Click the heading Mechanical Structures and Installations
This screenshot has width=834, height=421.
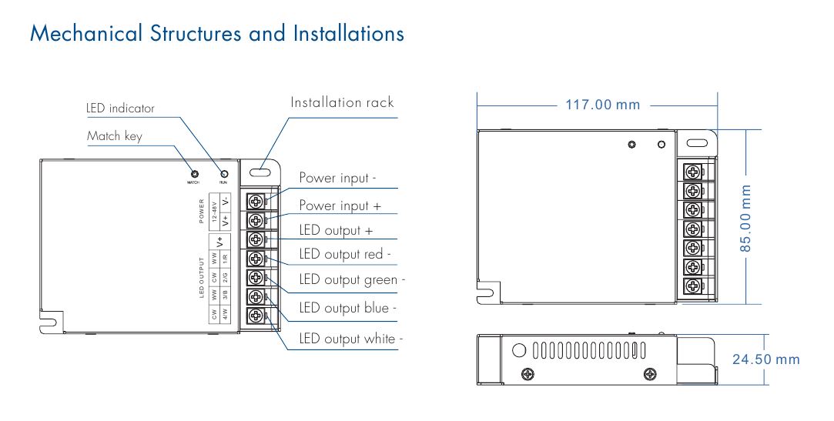tap(216, 34)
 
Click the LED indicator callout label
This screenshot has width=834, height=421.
tap(120, 109)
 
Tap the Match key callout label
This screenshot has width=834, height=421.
tap(115, 136)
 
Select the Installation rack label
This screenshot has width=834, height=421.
tap(342, 102)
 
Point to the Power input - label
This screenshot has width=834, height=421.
tap(337, 178)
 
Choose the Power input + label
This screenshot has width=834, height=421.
tap(340, 205)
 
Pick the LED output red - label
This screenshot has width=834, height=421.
tap(345, 254)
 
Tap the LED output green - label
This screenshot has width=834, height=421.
tap(352, 280)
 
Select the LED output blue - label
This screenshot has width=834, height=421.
tap(348, 308)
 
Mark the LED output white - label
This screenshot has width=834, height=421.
tap(351, 339)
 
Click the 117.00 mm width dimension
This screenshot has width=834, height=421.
tap(603, 105)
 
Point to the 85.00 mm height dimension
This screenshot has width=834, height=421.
tap(745, 216)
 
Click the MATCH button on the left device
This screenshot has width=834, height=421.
tap(195, 173)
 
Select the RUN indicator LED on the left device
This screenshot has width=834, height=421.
tap(224, 173)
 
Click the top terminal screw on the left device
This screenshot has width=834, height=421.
tap(255, 201)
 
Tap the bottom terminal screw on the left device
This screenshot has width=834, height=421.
tap(255, 316)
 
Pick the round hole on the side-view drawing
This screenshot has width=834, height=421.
tap(519, 350)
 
